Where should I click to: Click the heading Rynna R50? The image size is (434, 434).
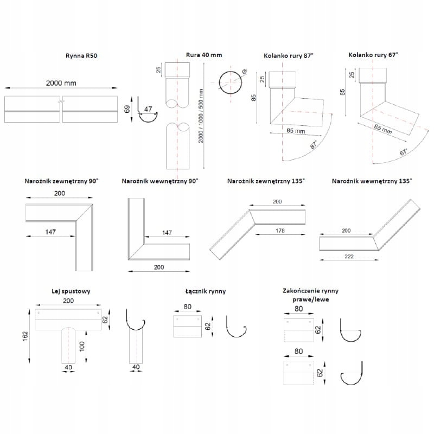point(80,56)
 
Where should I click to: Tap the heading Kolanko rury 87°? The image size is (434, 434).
point(289,55)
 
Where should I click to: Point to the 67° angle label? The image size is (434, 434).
point(403,151)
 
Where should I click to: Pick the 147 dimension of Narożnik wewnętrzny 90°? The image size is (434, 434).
point(167,232)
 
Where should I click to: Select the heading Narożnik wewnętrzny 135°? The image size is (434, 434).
point(372,181)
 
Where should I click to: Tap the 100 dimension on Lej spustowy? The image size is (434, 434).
point(82,346)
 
